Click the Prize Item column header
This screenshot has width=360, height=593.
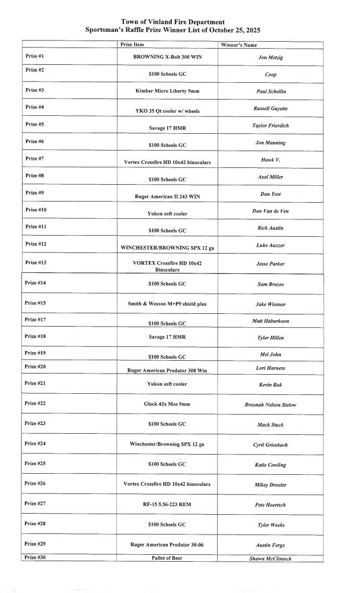coord(132,45)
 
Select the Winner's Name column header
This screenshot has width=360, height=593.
coord(239,45)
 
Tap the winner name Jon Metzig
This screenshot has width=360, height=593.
coord(270,58)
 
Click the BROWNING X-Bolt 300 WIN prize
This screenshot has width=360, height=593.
coord(167,58)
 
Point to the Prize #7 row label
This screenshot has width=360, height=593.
coord(35,158)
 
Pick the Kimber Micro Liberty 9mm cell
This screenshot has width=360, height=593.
coord(167,91)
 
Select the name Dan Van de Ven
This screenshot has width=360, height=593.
coord(270,211)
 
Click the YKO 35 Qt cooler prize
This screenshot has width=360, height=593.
coord(167,111)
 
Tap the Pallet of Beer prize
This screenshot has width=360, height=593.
coord(167,558)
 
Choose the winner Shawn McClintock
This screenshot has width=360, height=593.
coord(270,558)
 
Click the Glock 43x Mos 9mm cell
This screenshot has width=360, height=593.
coord(167,404)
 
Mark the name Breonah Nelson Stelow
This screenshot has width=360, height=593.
coord(270,405)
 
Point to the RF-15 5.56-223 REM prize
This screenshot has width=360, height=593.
coord(167,505)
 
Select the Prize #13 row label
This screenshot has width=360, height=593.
coord(36,262)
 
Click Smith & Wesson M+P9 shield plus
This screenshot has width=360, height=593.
coord(167,304)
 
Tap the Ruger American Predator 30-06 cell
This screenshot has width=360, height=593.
coord(167,545)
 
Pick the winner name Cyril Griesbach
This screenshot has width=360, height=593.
coord(270,445)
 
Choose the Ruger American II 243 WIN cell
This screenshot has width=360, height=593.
coord(167,196)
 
